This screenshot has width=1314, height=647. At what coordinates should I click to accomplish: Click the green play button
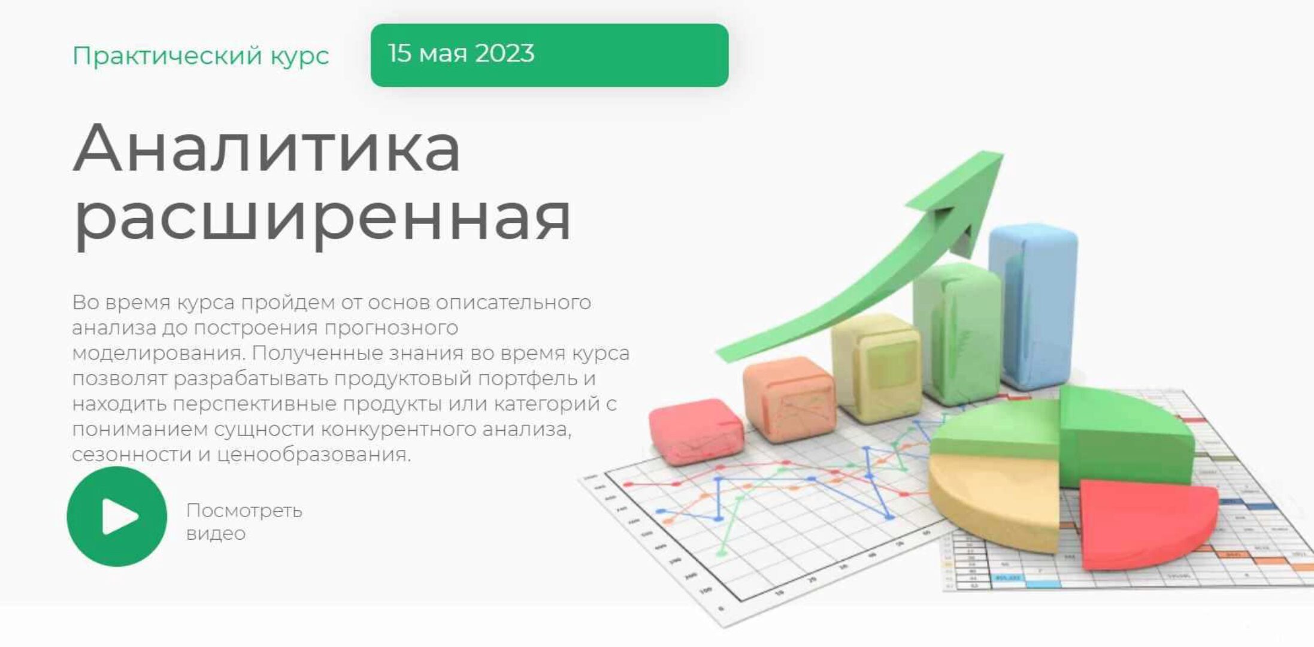pos(117,516)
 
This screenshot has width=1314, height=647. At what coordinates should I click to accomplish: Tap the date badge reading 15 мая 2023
pos(549,55)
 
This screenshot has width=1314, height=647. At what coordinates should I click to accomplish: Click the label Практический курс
pos(201,56)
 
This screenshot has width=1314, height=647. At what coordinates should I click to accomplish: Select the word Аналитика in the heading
pos(267,148)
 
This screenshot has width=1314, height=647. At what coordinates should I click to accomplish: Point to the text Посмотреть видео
pos(244,521)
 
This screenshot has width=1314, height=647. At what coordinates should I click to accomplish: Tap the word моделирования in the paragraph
pos(158,353)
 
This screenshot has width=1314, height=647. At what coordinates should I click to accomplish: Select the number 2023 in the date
pos(504,53)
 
